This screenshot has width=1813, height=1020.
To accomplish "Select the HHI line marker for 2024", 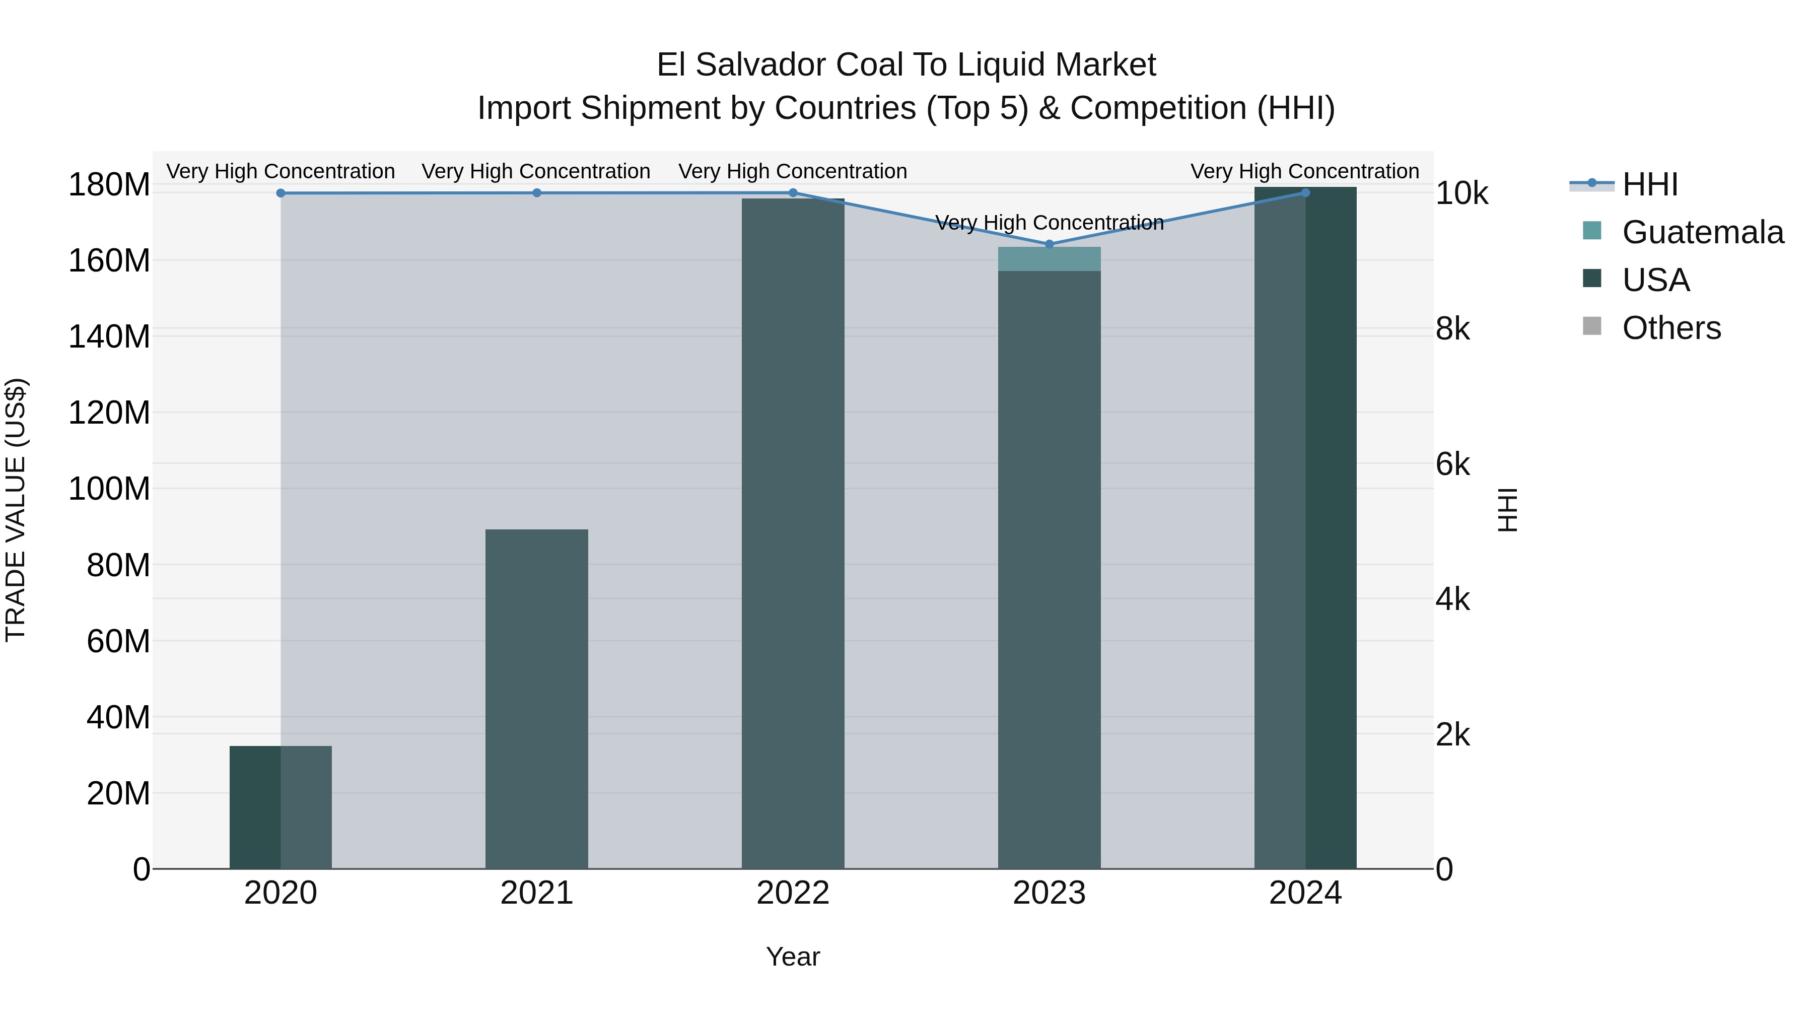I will [1305, 193].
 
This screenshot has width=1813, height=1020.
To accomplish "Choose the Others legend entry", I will [1671, 328].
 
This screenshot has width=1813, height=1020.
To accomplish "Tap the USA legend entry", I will [1655, 280].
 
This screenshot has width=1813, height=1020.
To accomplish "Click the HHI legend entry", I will [1650, 184].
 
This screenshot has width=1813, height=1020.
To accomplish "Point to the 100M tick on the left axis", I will [109, 489].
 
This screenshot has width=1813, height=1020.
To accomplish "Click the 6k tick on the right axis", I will [1452, 464].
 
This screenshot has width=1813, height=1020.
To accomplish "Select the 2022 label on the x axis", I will [793, 893].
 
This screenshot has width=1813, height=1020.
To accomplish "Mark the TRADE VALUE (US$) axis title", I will [16, 510].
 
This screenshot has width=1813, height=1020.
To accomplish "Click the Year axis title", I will [793, 957].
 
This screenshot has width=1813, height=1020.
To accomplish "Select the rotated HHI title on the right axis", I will [1507, 510].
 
